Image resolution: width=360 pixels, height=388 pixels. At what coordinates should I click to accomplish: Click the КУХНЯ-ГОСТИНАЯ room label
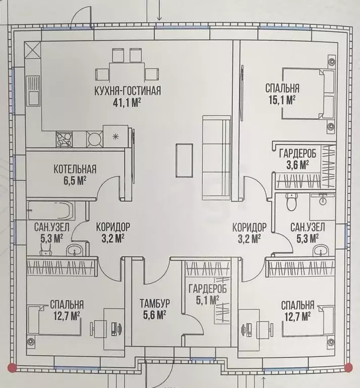pyautogui.click(x=127, y=91)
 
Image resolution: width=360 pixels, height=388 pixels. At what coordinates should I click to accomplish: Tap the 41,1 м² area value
pyautogui.click(x=127, y=103)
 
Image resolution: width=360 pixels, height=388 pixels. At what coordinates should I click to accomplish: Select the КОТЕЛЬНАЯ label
pyautogui.click(x=75, y=169)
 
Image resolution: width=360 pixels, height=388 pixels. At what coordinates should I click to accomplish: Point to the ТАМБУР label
pyautogui.click(x=155, y=303)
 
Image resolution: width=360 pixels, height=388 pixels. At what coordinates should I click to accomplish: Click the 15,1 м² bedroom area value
pyautogui.click(x=282, y=100)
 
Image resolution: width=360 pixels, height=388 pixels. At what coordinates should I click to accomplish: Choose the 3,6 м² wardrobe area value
pyautogui.click(x=297, y=165)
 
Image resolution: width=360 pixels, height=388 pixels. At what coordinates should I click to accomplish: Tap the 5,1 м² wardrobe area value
pyautogui.click(x=207, y=300)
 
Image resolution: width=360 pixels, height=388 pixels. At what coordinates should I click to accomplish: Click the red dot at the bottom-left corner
pyautogui.click(x=12, y=367)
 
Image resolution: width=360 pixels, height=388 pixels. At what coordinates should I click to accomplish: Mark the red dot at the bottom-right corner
pyautogui.click(x=348, y=367)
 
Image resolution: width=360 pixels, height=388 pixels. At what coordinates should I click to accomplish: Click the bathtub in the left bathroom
pyautogui.click(x=51, y=210)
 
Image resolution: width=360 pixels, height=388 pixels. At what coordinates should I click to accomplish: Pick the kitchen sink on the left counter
pyautogui.click(x=33, y=90)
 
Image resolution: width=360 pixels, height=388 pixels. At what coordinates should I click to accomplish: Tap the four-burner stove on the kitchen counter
pyautogui.click(x=64, y=139)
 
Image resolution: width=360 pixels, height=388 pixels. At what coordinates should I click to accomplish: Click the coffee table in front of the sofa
pyautogui.click(x=184, y=160)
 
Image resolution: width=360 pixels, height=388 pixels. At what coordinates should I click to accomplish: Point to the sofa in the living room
pyautogui.click(x=216, y=157)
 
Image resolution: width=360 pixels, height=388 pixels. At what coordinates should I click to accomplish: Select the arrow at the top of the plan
pyautogui.click(x=159, y=10)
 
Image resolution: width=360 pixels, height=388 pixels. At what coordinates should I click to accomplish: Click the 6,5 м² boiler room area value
pyautogui.click(x=75, y=181)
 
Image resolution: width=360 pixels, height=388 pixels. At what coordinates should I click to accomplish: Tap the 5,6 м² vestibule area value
pyautogui.click(x=154, y=315)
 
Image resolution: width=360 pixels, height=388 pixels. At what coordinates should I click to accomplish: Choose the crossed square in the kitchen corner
pyautogui.click(x=32, y=50)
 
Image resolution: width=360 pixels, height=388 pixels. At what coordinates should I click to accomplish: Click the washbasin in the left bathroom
pyautogui.click(x=75, y=250)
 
